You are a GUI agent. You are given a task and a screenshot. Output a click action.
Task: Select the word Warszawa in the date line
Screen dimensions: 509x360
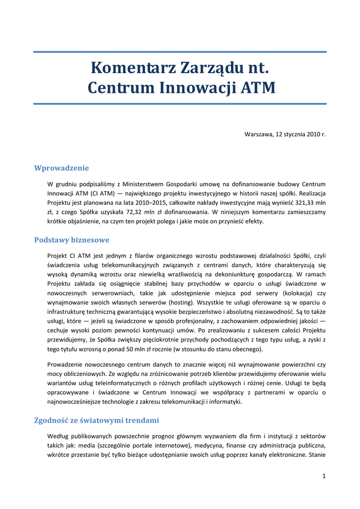(258, 134)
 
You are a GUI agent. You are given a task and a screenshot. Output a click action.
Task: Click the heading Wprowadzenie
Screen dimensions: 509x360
(61, 168)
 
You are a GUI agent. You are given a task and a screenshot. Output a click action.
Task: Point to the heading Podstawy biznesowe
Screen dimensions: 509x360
(72, 240)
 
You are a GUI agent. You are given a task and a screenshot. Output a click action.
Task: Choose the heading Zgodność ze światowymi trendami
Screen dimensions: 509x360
(96, 420)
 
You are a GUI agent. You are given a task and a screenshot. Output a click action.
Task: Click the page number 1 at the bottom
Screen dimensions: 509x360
(324, 476)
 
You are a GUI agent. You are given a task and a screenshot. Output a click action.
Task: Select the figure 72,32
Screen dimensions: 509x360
(121, 212)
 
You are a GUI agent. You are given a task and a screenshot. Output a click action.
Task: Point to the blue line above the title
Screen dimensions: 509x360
(180, 52)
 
